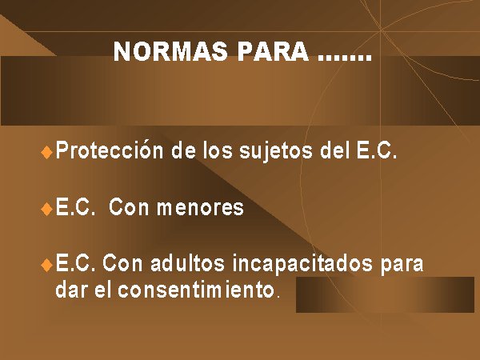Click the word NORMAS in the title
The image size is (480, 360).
coord(170,51)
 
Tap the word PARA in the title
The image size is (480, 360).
coord(273,51)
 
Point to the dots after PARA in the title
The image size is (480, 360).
coord(345,58)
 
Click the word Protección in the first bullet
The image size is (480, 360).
coord(110,150)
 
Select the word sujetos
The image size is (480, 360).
coord(276,152)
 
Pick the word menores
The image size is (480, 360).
coord(200,207)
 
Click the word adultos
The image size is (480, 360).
coord(188,263)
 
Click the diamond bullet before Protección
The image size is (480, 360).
coord(46,152)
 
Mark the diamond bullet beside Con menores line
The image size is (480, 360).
coord(46,209)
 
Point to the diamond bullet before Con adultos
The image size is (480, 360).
coord(46,265)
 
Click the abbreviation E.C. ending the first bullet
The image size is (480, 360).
coord(377,150)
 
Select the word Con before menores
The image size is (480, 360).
coord(129,207)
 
